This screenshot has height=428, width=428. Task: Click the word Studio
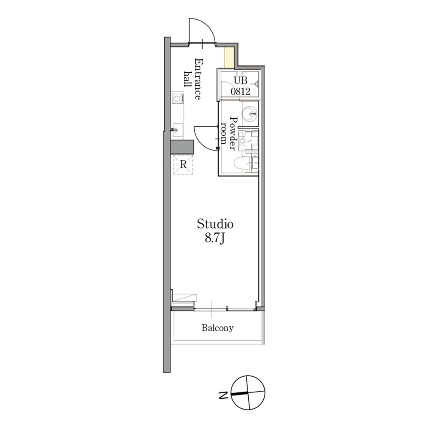pos(215,224)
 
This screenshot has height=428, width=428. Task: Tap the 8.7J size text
pos(215,238)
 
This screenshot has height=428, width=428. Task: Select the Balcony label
pos(217,328)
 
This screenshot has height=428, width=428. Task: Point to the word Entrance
pos(199,79)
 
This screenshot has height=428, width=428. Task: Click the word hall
pos(188,79)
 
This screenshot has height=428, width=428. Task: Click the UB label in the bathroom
pos(240,80)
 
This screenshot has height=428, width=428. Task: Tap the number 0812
pos(240,92)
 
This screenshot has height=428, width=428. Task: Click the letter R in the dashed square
pos(183,165)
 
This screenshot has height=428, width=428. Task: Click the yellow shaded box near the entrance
pos(229,57)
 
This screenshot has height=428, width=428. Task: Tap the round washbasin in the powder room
pos(249,113)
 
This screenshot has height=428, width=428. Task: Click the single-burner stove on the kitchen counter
pos(177,98)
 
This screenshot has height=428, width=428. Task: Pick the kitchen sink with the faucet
pos(177,130)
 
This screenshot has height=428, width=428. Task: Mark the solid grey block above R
pos(182,147)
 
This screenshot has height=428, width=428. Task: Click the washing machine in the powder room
pos(248,140)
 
